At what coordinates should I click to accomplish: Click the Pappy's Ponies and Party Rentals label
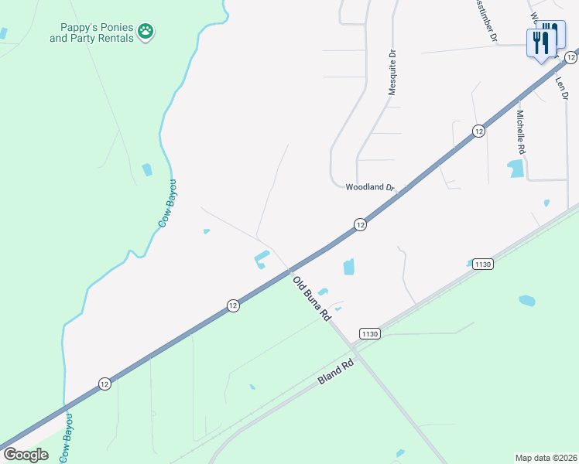[x=92, y=32]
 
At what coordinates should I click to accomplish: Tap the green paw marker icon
[x=146, y=32]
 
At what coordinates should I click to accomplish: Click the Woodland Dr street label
[x=369, y=187]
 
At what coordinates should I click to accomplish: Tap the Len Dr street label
[x=561, y=82]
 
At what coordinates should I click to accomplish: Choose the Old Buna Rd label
[x=312, y=300]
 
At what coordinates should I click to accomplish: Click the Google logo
[x=26, y=454]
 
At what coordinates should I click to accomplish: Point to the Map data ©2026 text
[x=546, y=457]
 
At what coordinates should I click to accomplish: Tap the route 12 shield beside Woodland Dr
[x=360, y=224]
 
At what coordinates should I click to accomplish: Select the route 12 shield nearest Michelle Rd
[x=479, y=131]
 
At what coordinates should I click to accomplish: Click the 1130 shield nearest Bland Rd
[x=369, y=333]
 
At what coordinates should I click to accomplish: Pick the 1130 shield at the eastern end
[x=482, y=264]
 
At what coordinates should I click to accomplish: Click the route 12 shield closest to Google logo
[x=104, y=384]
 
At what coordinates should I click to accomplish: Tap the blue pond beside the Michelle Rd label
[x=516, y=168]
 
